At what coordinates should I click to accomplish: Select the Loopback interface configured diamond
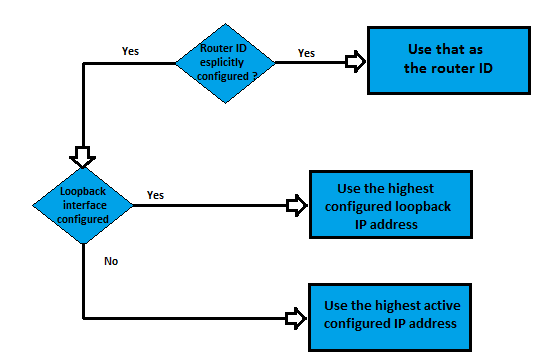click(82, 203)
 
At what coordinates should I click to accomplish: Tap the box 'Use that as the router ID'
click(446, 60)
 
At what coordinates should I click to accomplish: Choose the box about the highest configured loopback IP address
click(387, 205)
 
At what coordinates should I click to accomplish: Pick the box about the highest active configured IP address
click(388, 315)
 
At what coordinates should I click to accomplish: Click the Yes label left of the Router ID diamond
click(130, 49)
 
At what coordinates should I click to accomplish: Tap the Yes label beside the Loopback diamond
click(155, 194)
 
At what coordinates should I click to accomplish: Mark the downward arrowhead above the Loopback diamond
click(82, 157)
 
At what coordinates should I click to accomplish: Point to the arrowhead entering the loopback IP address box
click(296, 205)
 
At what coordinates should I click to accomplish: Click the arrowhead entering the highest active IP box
click(296, 319)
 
